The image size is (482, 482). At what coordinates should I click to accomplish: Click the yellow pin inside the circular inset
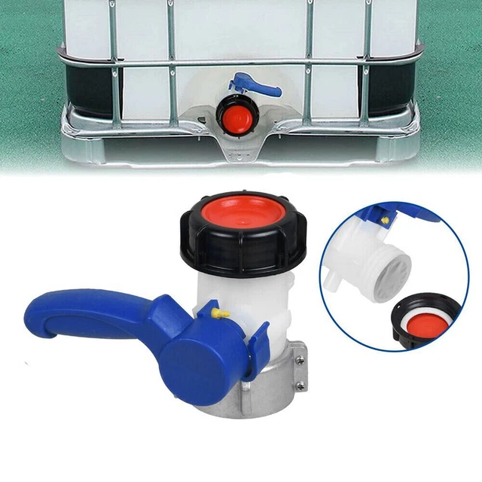(x=385, y=221)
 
